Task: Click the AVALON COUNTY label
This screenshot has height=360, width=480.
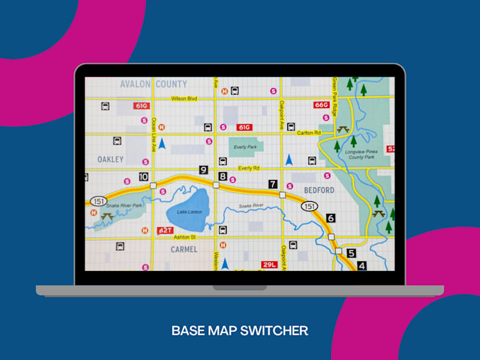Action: pyautogui.click(x=153, y=84)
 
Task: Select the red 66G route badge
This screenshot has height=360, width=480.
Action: pyautogui.click(x=321, y=105)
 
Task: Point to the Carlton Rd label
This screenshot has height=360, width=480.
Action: pyautogui.click(x=308, y=133)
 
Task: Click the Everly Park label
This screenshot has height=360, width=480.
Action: pyautogui.click(x=246, y=147)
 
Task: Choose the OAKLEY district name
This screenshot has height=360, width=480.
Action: pyautogui.click(x=110, y=160)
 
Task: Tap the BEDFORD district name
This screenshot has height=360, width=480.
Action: pyautogui.click(x=319, y=191)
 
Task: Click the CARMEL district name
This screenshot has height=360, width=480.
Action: pyautogui.click(x=184, y=249)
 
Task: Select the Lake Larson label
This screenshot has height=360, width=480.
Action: pyautogui.click(x=189, y=212)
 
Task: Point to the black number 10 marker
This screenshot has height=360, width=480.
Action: pyautogui.click(x=143, y=177)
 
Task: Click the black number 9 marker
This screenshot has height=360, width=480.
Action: pyautogui.click(x=203, y=169)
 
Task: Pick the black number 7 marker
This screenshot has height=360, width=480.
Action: pyautogui.click(x=272, y=184)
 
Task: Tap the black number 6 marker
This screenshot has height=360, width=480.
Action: pyautogui.click(x=330, y=218)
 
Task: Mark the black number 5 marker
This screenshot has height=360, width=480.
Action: pyautogui.click(x=351, y=253)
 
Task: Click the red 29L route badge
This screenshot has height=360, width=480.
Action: pyautogui.click(x=269, y=265)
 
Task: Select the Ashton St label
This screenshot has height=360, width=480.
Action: pyautogui.click(x=185, y=238)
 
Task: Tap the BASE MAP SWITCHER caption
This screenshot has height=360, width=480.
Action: pyautogui.click(x=239, y=330)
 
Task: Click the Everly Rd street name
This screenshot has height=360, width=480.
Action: pyautogui.click(x=248, y=168)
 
